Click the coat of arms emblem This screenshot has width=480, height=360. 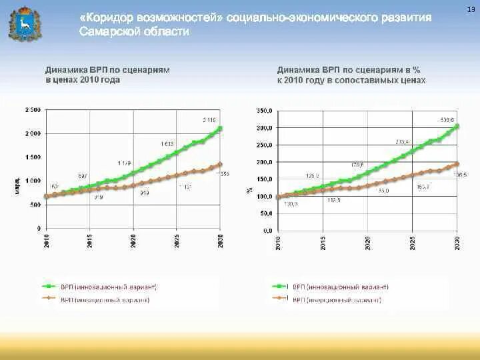click(23, 23)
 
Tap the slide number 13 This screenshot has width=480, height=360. click(471, 8)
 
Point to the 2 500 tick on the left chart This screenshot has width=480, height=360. click(33, 109)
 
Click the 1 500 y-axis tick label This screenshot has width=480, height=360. click(33, 157)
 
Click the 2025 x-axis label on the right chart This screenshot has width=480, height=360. click(413, 242)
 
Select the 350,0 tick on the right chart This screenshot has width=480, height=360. click(265, 111)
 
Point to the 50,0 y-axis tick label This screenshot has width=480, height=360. click(266, 213)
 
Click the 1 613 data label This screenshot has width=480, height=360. click(167, 143)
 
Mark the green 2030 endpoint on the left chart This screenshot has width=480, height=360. click(221, 128)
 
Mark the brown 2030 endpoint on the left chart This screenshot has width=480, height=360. click(221, 164)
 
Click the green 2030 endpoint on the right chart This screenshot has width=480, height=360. click(457, 125)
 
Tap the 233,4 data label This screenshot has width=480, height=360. click(402, 141)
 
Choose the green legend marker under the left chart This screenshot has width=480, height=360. click(49, 287)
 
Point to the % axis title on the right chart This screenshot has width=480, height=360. click(248, 189)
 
